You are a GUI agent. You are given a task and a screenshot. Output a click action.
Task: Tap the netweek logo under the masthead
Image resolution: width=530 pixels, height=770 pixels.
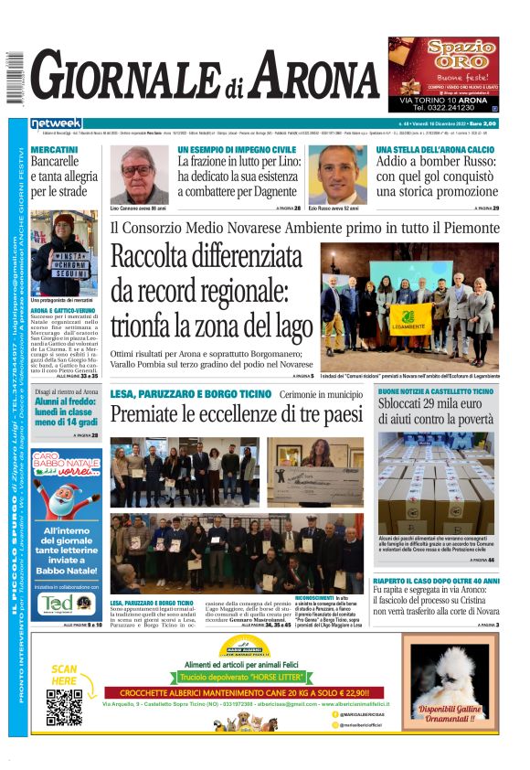tap(57, 123)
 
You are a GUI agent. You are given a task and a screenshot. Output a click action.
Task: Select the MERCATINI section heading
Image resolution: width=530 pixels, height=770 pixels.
tap(54, 149)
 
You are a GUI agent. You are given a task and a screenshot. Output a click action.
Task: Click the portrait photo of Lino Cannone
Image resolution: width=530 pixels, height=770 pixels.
tap(139, 176)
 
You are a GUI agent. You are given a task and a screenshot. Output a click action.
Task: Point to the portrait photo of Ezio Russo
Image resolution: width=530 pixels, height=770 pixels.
tap(337, 176)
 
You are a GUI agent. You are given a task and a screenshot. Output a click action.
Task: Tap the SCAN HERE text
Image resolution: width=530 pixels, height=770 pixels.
tap(65, 675)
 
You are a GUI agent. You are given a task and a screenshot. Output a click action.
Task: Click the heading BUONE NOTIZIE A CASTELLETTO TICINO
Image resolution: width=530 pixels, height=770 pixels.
tap(436, 391)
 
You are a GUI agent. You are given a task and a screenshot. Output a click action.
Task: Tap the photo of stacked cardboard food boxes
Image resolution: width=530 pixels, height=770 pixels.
tap(437, 484)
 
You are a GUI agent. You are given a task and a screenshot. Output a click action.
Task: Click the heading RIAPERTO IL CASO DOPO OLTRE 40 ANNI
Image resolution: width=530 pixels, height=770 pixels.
tap(436, 581)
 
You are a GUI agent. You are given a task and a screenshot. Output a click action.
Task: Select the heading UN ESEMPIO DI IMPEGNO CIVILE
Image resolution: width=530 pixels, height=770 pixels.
tap(237, 149)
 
